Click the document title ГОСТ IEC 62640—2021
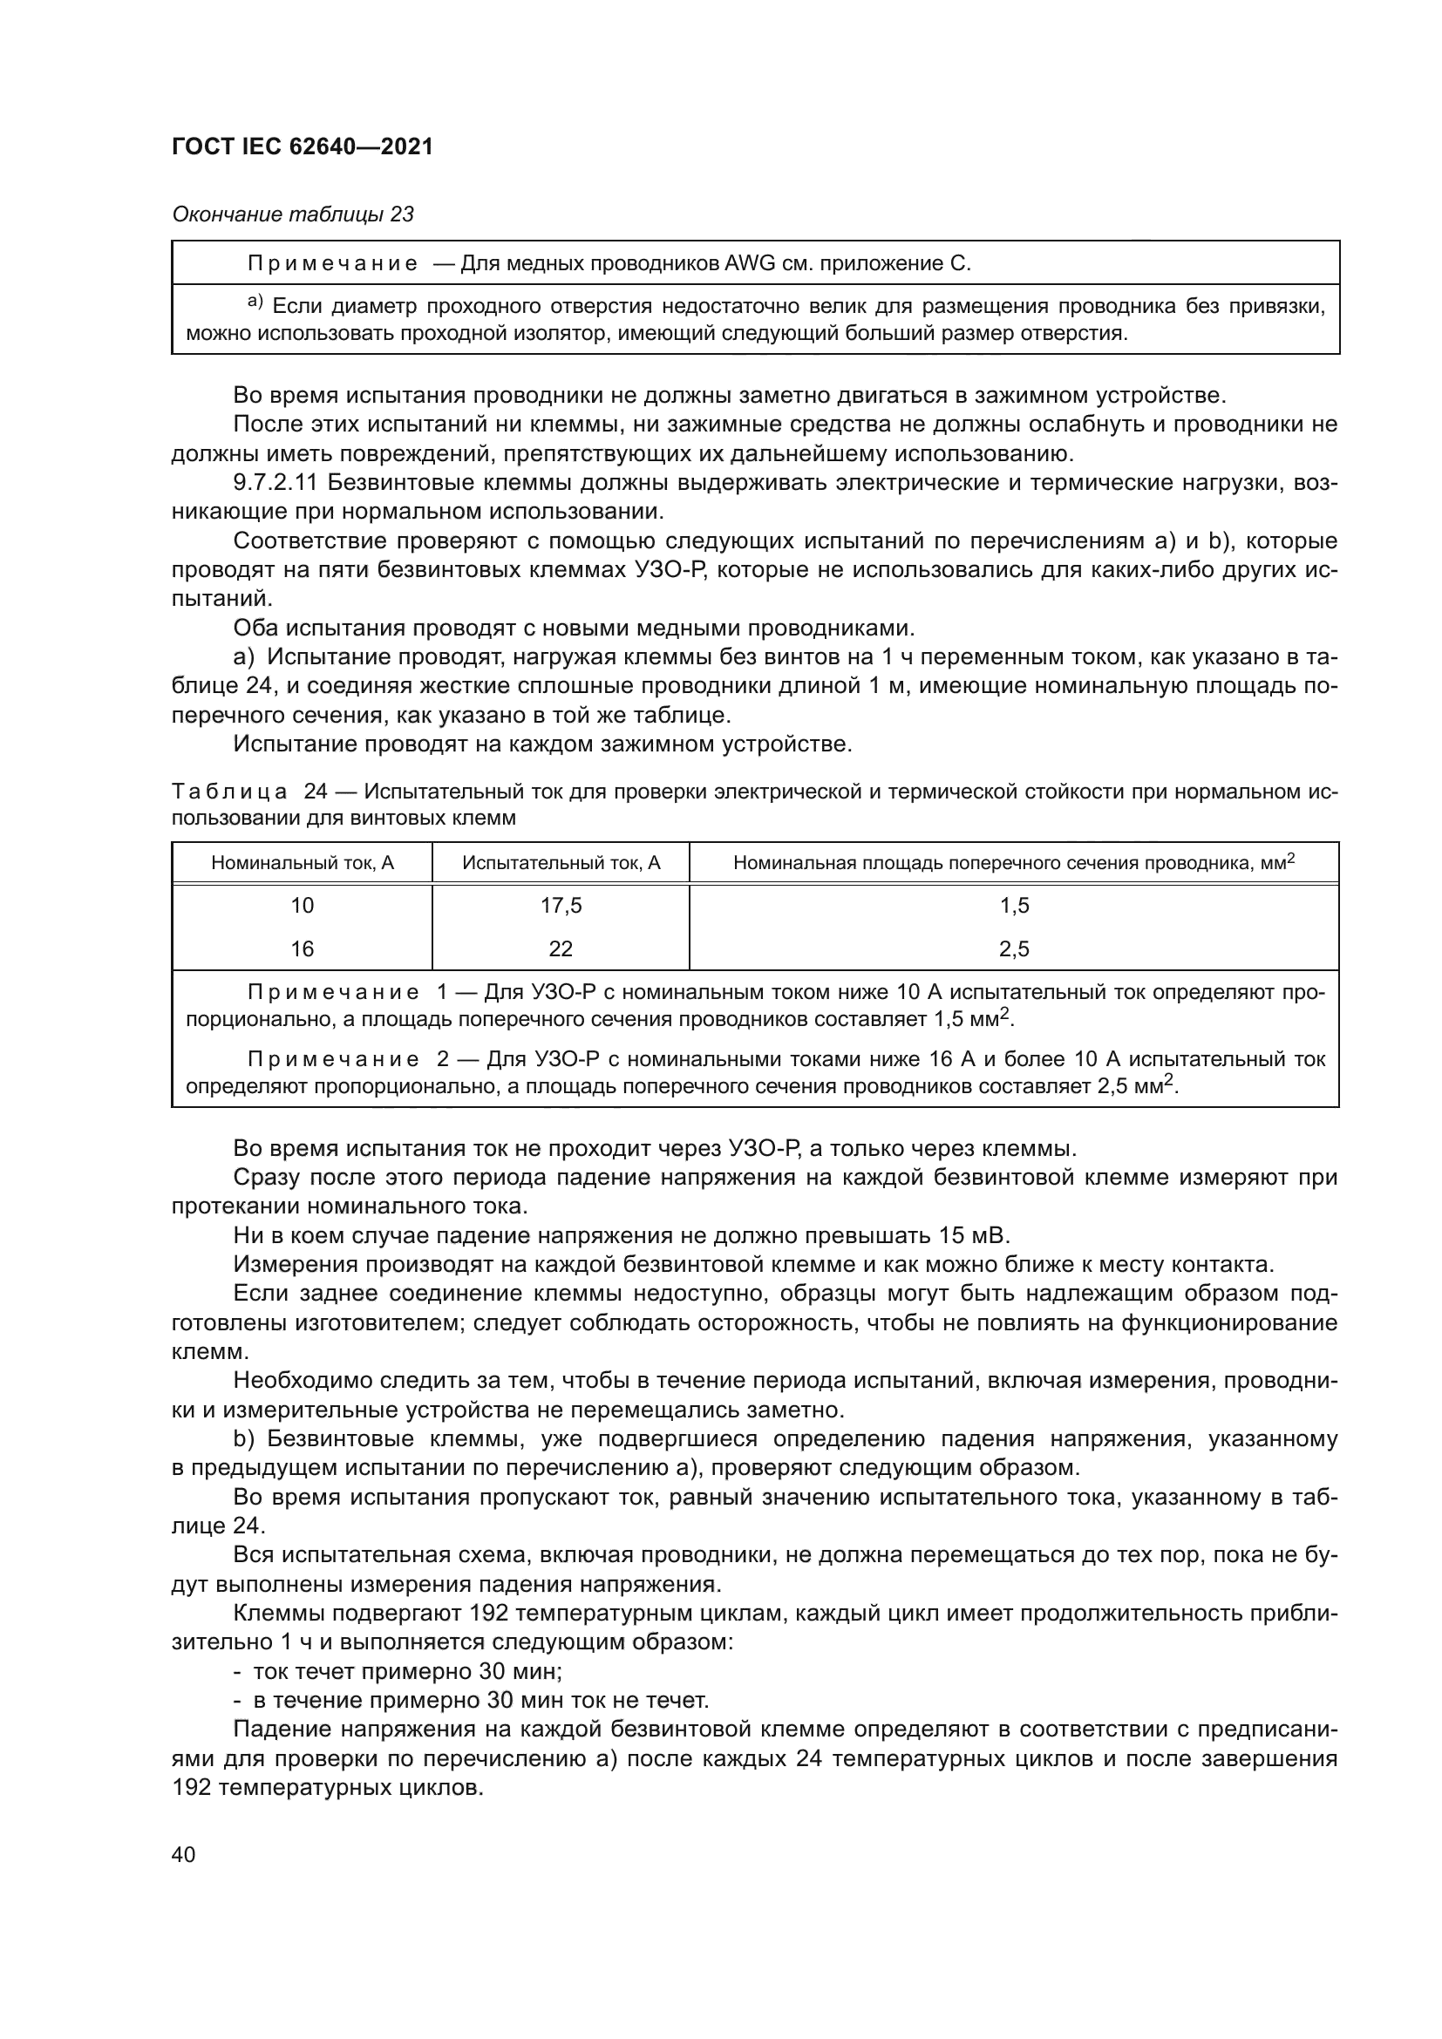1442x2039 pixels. tap(302, 147)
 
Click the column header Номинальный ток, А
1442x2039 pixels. tap(302, 862)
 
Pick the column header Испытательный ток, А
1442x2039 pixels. tap(561, 862)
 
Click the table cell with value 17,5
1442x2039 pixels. tap(561, 906)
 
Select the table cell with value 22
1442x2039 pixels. tap(561, 949)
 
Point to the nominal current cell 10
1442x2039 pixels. tap(302, 906)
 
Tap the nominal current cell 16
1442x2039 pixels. tap(302, 949)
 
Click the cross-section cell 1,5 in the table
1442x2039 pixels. tap(1014, 906)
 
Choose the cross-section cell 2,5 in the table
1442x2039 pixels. tap(1014, 949)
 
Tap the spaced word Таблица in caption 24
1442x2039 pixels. tap(229, 792)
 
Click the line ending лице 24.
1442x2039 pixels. tap(218, 1526)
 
